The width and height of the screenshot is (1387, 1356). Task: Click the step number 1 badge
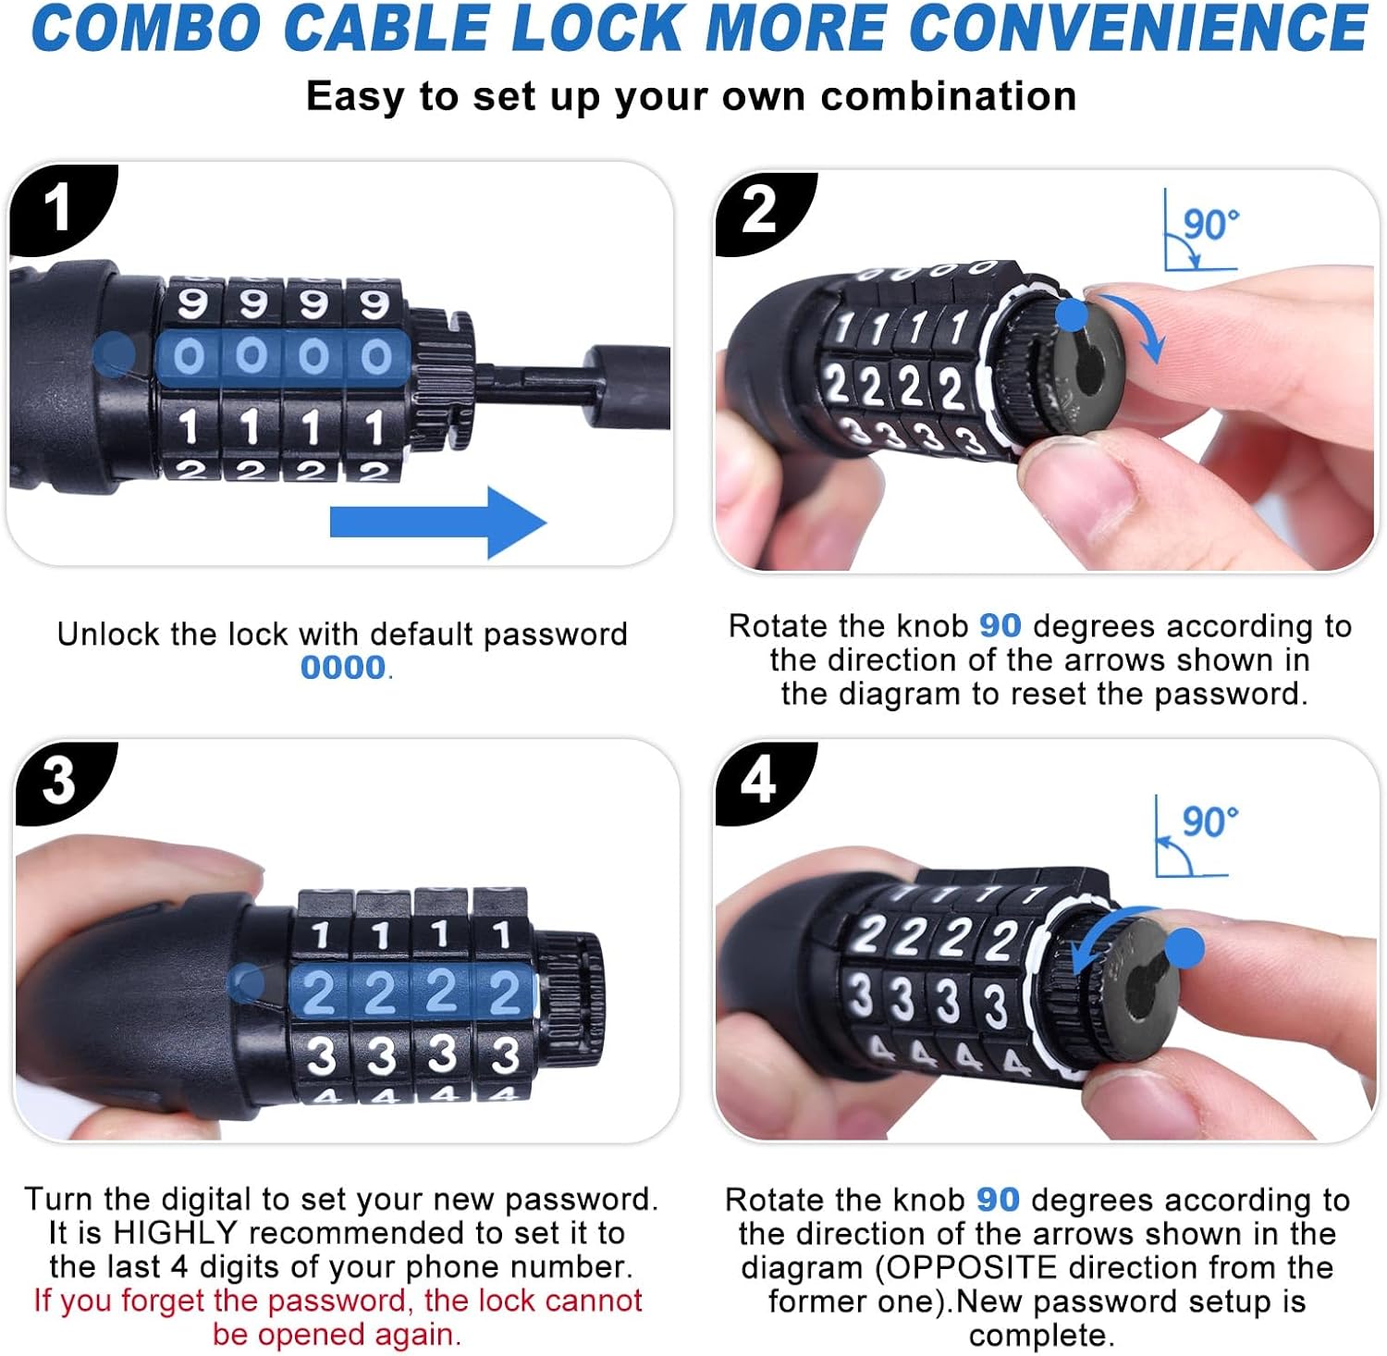57,207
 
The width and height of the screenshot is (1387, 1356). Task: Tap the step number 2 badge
760,211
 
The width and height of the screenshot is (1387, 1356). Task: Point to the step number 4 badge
760,782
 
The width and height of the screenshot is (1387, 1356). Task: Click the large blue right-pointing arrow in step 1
437,522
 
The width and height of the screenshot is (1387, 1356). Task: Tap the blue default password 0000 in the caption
343,667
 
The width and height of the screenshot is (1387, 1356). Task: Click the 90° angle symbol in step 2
1200,229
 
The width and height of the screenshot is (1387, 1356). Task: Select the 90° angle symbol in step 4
1193,836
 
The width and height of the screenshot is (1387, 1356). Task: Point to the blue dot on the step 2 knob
1072,314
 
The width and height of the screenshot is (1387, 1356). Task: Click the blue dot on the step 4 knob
1184,948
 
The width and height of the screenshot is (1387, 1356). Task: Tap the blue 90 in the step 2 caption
1000,626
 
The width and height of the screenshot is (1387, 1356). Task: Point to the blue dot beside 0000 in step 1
115,353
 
